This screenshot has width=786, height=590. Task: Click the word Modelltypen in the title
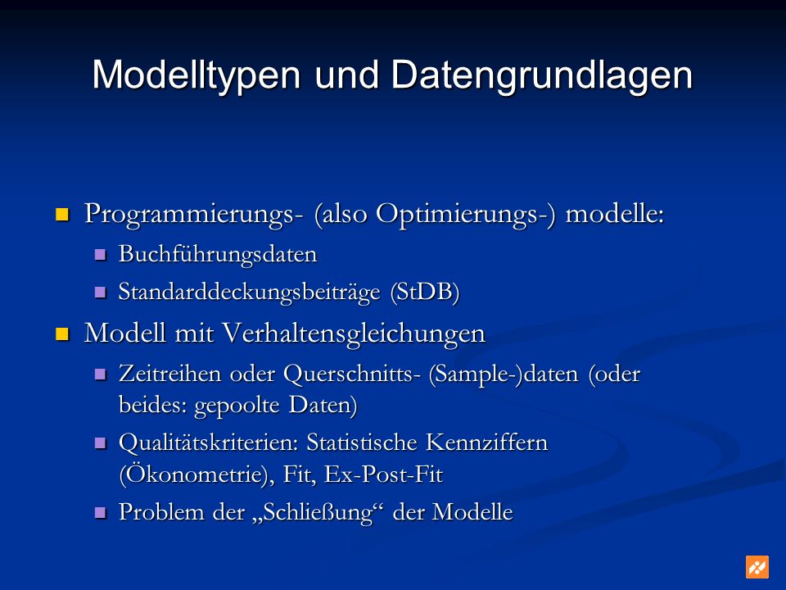tap(196, 75)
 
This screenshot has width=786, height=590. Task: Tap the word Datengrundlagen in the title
tap(541, 75)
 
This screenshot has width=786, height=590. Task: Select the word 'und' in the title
tap(346, 75)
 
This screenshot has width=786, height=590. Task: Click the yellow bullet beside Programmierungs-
tap(61, 215)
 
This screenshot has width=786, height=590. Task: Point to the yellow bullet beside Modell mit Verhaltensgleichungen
tap(61, 334)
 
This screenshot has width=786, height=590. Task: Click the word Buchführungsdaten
tap(218, 254)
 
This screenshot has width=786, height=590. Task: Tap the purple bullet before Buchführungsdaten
tap(100, 254)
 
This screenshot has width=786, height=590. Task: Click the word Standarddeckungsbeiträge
tap(249, 293)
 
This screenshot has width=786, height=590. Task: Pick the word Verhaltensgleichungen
tap(354, 334)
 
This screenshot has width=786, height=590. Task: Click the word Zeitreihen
tap(169, 374)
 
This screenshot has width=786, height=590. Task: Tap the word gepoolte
tap(237, 406)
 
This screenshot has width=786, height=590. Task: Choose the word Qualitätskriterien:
tap(209, 443)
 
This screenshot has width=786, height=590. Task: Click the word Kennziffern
tap(486, 442)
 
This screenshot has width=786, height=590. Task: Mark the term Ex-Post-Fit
tap(383, 474)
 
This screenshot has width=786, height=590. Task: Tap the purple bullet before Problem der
tap(100, 512)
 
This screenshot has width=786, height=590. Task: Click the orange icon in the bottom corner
tap(757, 567)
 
